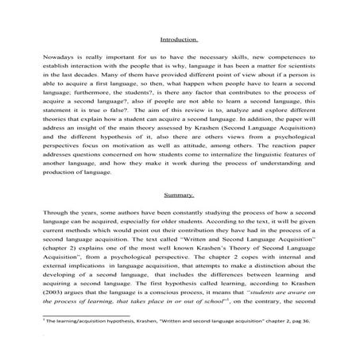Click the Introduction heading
(180, 39)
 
